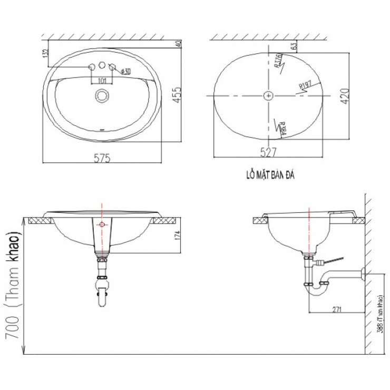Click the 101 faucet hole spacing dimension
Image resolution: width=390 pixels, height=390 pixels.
pos(102,81)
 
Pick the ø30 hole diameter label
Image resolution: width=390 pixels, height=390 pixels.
pos(125,71)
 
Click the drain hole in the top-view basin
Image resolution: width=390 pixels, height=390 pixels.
pos(101,95)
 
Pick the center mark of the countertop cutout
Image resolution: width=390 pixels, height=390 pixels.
pos(269,95)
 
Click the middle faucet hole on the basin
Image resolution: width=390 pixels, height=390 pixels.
pos(101,66)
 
